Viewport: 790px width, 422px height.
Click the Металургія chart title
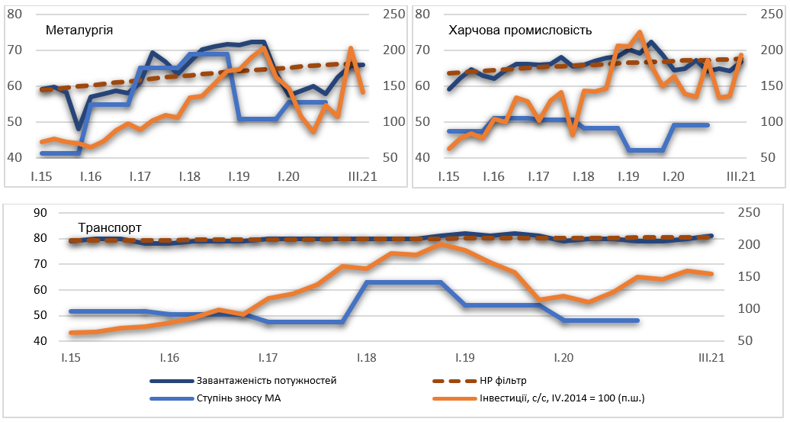80,31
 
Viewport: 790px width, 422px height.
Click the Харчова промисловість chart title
521,31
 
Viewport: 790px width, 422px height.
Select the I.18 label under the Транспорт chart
366,358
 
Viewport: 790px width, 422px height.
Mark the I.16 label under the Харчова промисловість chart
493,177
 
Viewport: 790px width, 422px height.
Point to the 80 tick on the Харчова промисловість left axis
423,14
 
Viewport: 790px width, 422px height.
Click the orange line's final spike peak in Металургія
351,49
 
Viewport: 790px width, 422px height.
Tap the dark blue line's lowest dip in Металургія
79,128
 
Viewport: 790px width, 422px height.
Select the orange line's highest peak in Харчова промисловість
640,32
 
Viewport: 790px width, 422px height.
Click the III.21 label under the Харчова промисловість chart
740,177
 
